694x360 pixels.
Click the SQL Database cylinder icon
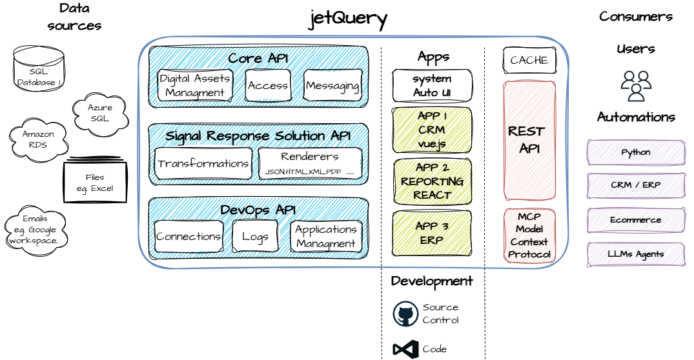coord(38,68)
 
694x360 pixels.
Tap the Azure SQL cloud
coord(99,113)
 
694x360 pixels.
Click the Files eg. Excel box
coord(95,183)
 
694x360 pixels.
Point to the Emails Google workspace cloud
coord(35,229)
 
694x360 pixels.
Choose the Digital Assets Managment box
coord(195,85)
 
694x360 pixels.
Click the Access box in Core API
coord(268,85)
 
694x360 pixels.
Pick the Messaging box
coord(332,85)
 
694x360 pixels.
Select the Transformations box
coord(203,164)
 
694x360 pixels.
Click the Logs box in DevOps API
coord(255,236)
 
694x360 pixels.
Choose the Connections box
coord(189,236)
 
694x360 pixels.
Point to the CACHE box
coord(529,60)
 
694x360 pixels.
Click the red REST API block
coord(529,140)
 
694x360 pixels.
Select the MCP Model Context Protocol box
coord(529,235)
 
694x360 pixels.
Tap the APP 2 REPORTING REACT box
coord(433,181)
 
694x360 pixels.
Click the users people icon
coord(636,85)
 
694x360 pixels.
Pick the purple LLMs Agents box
coord(636,254)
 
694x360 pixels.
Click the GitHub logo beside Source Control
coord(405,314)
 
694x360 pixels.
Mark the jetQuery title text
coord(348,18)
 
